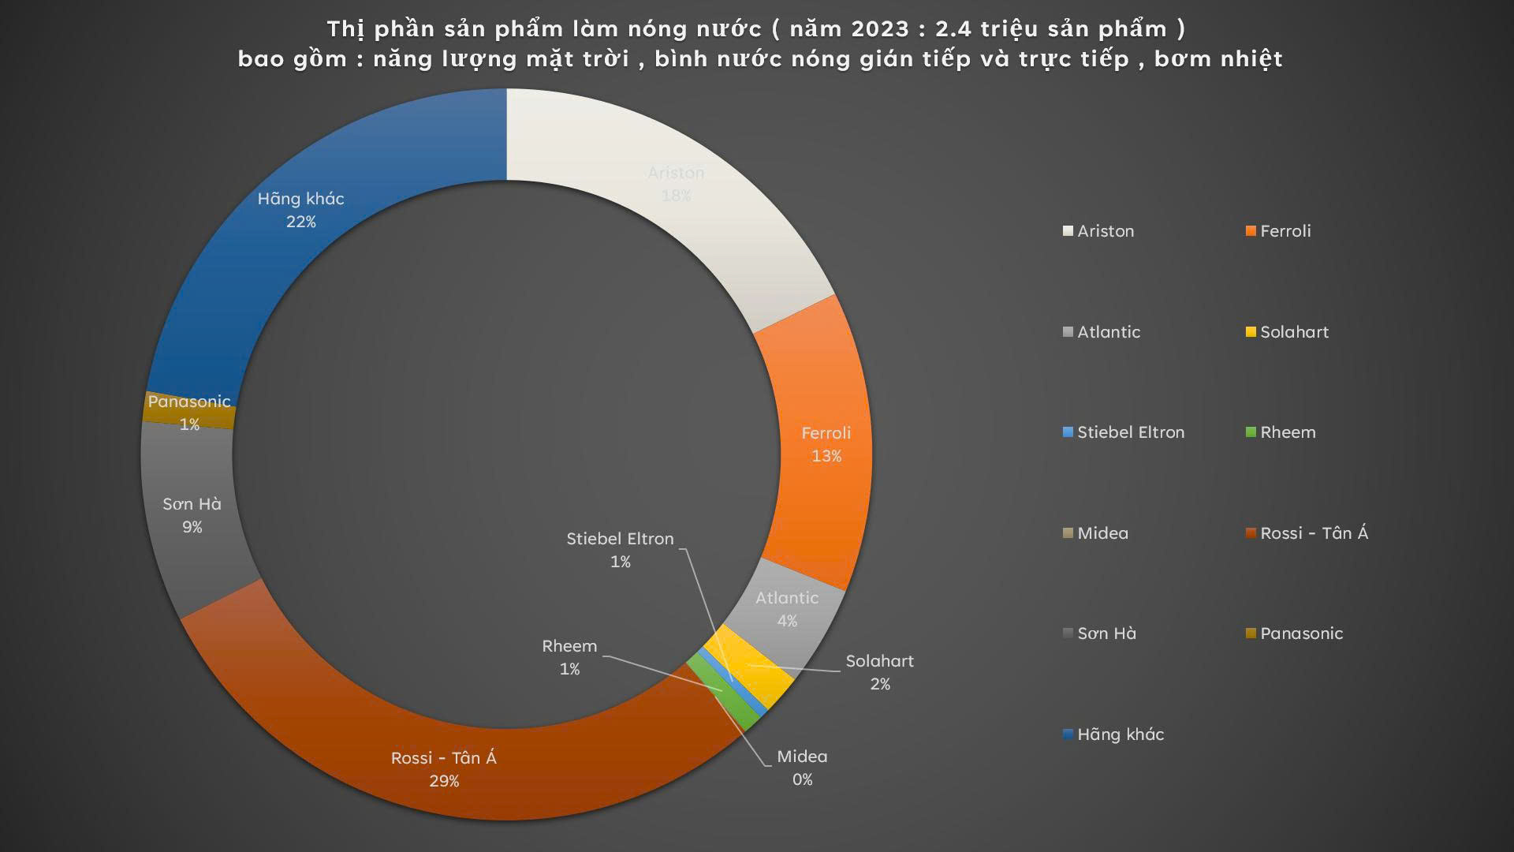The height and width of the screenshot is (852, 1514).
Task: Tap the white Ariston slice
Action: tap(676, 183)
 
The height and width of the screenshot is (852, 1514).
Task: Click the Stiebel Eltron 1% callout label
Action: tap(621, 550)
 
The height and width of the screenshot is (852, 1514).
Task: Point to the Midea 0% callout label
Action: tap(802, 768)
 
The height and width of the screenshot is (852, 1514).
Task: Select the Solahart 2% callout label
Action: tap(879, 672)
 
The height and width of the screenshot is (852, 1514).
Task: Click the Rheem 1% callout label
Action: tap(569, 657)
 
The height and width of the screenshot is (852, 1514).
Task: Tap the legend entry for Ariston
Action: tap(1105, 231)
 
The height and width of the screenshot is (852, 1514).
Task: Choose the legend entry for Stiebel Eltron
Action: tap(1130, 432)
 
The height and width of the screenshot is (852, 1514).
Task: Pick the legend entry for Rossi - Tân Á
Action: tap(1313, 533)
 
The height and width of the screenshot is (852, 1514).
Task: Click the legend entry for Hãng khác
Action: tap(1120, 734)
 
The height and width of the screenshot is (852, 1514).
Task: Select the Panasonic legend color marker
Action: tap(1251, 633)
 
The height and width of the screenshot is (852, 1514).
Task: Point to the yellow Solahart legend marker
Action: tap(1251, 332)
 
